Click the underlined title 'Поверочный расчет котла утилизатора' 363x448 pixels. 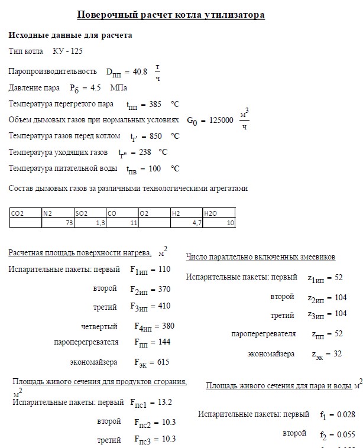point(171,15)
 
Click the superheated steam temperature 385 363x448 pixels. point(155,105)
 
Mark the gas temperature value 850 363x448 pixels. point(156,136)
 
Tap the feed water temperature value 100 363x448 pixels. point(155,168)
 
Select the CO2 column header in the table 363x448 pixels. point(17,213)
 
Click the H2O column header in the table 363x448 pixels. point(210,213)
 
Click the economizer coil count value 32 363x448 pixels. point(337,354)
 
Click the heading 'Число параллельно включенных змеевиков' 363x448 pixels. point(261,257)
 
